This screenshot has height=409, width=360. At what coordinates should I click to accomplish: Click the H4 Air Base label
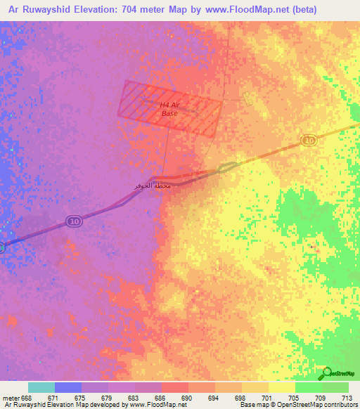(x=169, y=109)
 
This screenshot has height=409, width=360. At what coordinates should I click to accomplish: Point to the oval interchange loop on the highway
(x=226, y=167)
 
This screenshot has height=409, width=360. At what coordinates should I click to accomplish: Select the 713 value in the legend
(x=348, y=398)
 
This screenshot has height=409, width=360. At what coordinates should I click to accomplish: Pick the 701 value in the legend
(x=268, y=398)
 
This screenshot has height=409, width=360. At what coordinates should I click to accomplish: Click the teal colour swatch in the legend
(x=41, y=387)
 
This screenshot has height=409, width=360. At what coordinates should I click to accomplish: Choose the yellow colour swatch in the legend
(x=281, y=387)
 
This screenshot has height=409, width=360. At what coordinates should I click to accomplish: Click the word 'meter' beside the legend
(x=11, y=398)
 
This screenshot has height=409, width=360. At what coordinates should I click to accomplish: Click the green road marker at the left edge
(x=1, y=247)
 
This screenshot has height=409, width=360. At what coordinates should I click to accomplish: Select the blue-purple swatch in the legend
(x=68, y=387)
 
